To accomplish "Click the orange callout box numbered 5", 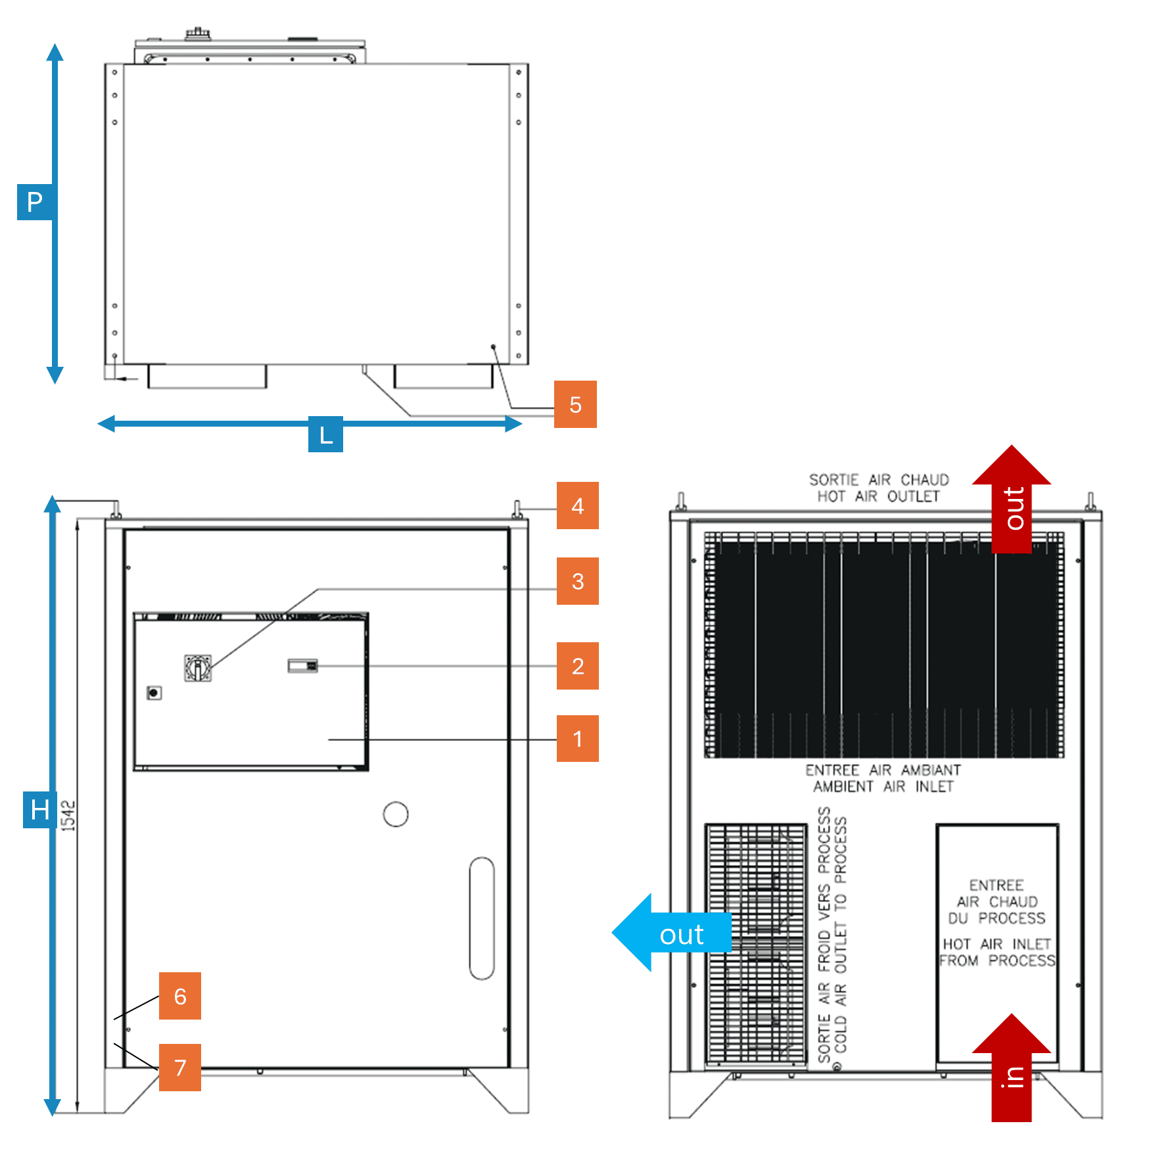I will click(575, 404).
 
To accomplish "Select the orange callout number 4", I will click(577, 506).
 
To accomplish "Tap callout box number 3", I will click(577, 581).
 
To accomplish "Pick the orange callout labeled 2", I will click(577, 666).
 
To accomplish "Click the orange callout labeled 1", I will click(577, 739).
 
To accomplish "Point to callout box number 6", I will click(179, 996).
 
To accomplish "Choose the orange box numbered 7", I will click(179, 1068).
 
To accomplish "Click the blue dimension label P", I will click(34, 202).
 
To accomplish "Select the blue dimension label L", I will click(325, 435).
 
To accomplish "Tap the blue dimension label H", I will click(39, 809).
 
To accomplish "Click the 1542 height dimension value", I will click(68, 816).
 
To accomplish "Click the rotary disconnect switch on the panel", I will click(197, 668).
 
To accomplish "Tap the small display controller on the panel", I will click(302, 666).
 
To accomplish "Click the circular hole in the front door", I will click(396, 814).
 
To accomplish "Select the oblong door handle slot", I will click(482, 918).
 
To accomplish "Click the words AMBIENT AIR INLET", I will click(883, 787).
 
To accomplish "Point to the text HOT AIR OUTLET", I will click(878, 496).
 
